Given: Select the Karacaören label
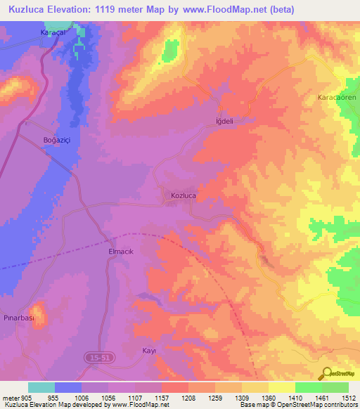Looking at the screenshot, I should point(337,97).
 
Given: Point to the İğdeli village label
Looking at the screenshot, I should point(224,121).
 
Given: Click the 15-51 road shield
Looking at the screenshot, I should point(98,358).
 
